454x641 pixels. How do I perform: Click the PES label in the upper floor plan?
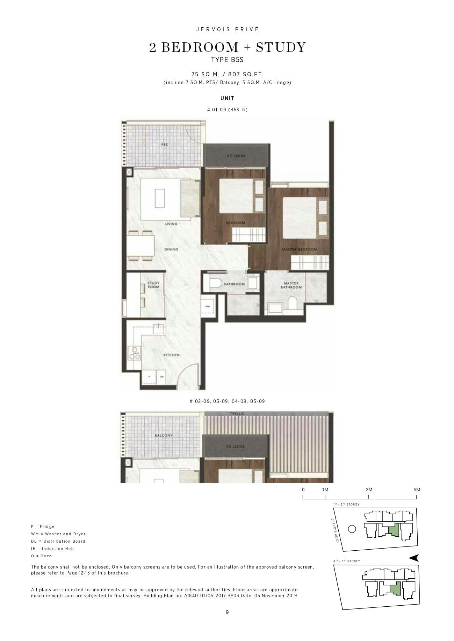pyautogui.click(x=164, y=145)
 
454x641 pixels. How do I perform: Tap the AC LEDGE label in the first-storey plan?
pyautogui.click(x=236, y=156)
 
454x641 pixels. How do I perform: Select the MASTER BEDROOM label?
pyautogui.click(x=299, y=249)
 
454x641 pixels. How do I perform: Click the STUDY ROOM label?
pyautogui.click(x=153, y=285)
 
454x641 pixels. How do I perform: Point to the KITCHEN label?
pyautogui.click(x=172, y=355)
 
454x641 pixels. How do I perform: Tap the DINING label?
pyautogui.click(x=171, y=249)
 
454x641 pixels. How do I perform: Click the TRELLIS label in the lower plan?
pyautogui.click(x=237, y=414)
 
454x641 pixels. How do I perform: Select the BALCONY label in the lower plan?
pyautogui.click(x=164, y=436)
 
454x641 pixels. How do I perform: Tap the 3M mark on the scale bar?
pyautogui.click(x=369, y=490)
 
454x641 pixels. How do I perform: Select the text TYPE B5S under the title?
pyautogui.click(x=227, y=60)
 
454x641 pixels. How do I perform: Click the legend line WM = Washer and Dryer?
pyautogui.click(x=58, y=534)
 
